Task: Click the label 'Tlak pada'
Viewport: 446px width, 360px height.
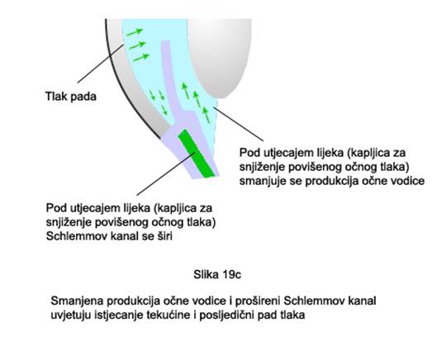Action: [x=71, y=97]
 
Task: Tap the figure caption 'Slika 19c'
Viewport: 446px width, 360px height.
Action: [x=217, y=275]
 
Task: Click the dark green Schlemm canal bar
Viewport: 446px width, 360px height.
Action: [x=197, y=154]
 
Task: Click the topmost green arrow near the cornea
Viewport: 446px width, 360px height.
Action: [x=135, y=32]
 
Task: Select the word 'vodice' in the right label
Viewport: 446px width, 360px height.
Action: [x=408, y=181]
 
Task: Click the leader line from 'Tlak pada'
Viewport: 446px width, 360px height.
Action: [x=101, y=64]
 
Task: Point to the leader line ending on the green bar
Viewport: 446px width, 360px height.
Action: [x=166, y=173]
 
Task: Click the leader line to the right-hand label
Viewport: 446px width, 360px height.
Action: [x=239, y=124]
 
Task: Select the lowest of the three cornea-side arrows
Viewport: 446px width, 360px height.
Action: [x=141, y=58]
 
